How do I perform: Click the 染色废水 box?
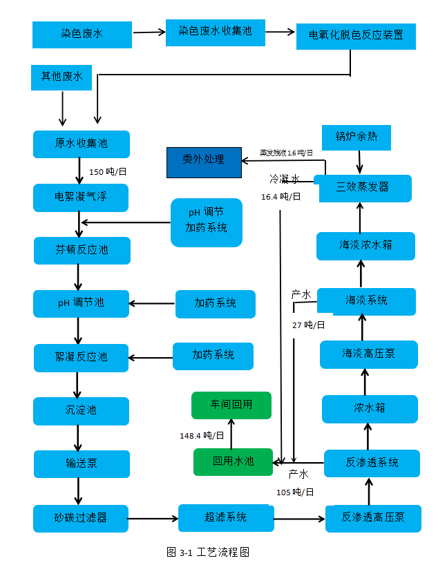82,34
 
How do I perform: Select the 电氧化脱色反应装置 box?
356,36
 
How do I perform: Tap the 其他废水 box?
62,77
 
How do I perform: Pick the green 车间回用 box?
231,405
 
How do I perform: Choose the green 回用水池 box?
232,461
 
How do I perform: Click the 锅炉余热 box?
356,137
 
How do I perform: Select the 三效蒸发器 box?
365,188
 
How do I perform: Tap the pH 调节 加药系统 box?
206,222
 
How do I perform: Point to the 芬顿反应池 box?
82,250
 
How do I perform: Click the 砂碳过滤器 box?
81,518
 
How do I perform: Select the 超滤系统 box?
225,517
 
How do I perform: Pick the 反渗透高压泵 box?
373,518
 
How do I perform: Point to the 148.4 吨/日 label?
202,436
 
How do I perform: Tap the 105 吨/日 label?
295,492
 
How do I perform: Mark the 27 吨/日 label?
308,325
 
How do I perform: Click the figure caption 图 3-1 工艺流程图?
207,552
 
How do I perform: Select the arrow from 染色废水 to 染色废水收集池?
149,32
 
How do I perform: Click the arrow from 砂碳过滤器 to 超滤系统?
153,517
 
